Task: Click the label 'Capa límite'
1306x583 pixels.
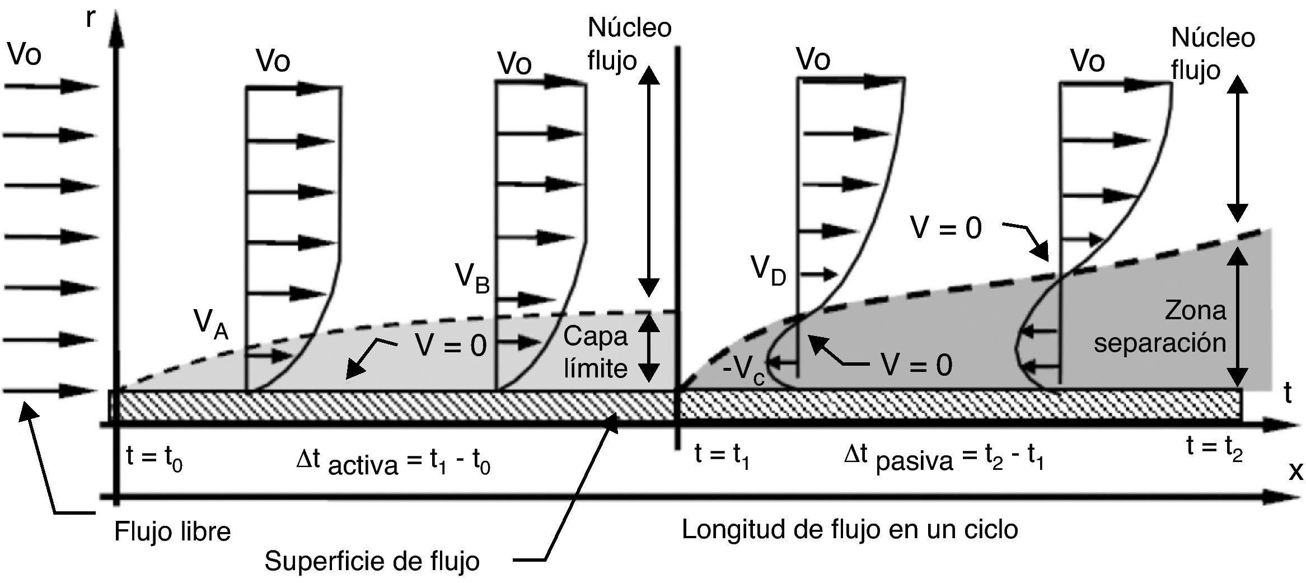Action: pyautogui.click(x=595, y=353)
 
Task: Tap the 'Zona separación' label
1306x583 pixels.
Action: pyautogui.click(x=1160, y=327)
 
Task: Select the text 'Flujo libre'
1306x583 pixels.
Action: pyautogui.click(x=172, y=531)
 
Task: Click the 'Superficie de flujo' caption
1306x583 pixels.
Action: pyautogui.click(x=372, y=561)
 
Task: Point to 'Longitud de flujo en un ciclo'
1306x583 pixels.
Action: pyautogui.click(x=849, y=529)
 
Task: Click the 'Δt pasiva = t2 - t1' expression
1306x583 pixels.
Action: pyautogui.click(x=943, y=459)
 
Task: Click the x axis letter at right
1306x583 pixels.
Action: pyautogui.click(x=1295, y=472)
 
